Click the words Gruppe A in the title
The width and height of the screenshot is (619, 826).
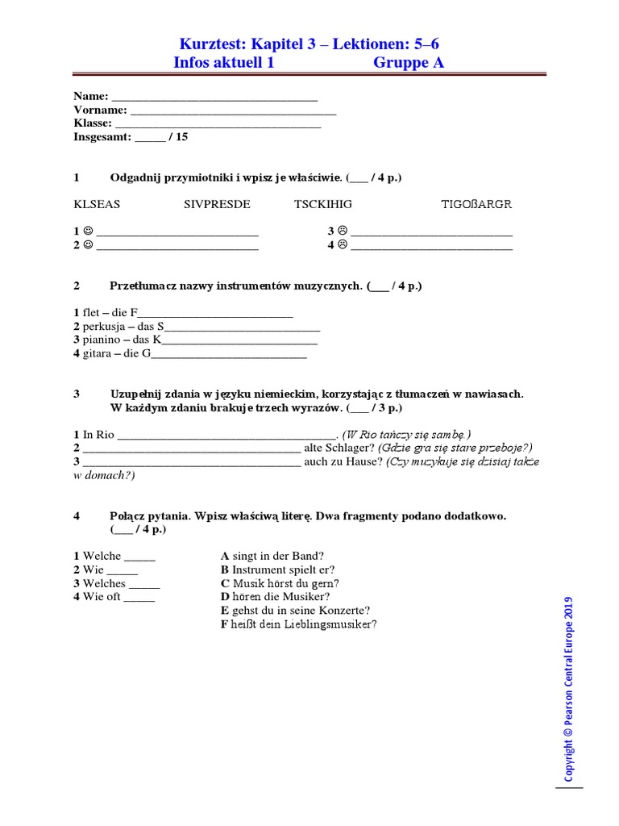[x=408, y=63]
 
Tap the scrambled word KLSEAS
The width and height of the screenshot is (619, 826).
[x=97, y=204]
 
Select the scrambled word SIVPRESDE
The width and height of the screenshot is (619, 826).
[x=217, y=204]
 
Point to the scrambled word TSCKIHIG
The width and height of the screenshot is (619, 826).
[x=323, y=204]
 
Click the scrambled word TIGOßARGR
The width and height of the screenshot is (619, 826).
[x=476, y=204]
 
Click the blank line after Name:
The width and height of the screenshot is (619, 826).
[x=214, y=97]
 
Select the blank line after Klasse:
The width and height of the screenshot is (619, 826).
[x=218, y=124]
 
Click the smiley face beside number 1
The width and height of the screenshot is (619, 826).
[x=88, y=232]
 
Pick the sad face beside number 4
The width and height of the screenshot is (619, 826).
[x=342, y=245]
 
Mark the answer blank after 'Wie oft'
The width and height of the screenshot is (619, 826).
[x=139, y=597]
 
